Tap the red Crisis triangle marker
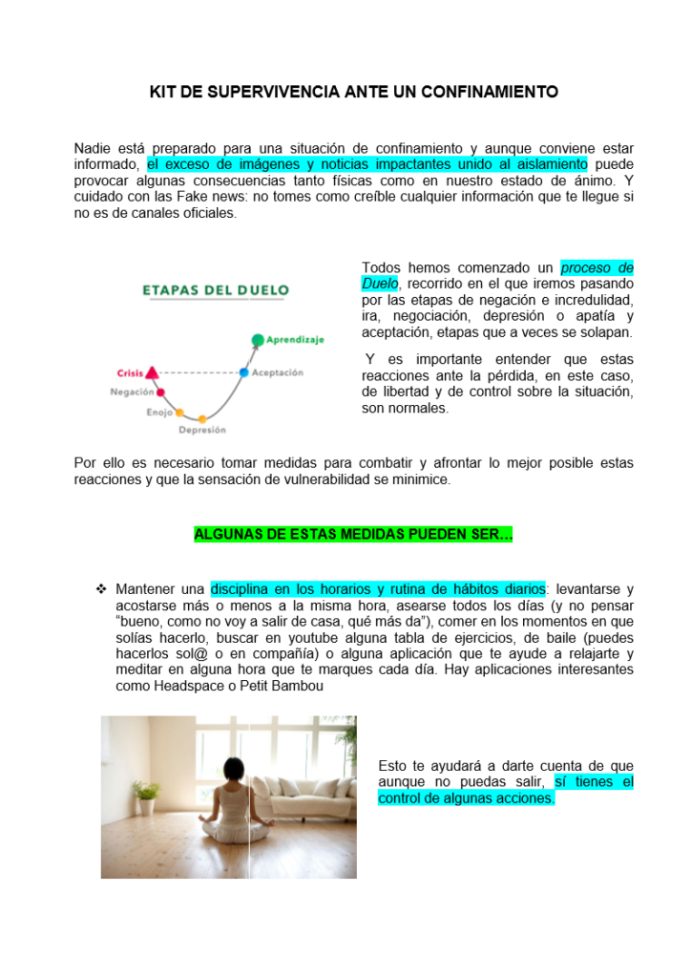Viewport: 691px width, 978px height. pyautogui.click(x=152, y=372)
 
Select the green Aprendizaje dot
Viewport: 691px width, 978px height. pyautogui.click(x=257, y=339)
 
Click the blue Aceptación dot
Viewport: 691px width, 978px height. pyautogui.click(x=243, y=372)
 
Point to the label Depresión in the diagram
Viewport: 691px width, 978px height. pyautogui.click(x=202, y=431)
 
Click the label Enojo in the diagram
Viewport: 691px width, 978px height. pyautogui.click(x=159, y=414)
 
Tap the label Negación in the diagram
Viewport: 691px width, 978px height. pyautogui.click(x=132, y=393)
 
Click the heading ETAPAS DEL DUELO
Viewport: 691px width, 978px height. pyautogui.click(x=215, y=290)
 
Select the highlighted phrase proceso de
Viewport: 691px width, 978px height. pyautogui.click(x=597, y=268)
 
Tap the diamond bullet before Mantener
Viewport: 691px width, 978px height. pyautogui.click(x=100, y=589)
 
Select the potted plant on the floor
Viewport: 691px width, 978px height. pyautogui.click(x=146, y=795)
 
